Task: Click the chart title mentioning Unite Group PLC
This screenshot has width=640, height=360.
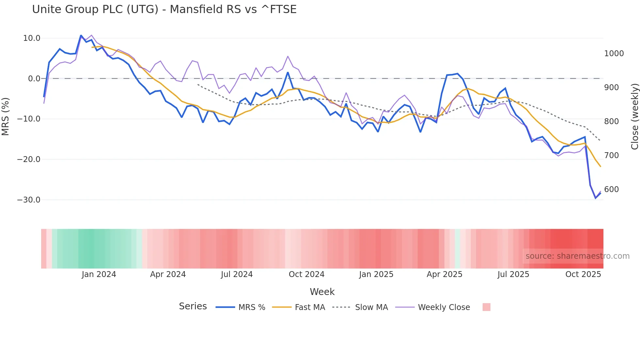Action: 164,9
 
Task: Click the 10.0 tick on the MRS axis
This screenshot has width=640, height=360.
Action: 32,38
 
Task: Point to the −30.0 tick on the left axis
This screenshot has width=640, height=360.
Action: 29,200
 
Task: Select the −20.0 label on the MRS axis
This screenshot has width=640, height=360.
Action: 29,159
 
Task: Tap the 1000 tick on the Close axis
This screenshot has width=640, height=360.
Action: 614,54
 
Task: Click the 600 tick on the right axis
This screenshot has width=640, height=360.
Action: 611,189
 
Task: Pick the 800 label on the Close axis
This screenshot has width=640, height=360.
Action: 611,122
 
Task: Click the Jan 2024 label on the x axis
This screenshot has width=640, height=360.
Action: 99,274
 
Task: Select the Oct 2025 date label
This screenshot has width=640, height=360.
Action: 583,274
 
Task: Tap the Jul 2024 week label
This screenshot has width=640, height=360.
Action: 237,274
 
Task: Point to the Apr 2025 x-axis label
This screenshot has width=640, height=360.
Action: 444,274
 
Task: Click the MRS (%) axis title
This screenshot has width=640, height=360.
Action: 5,117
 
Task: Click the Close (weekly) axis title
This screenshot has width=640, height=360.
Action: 634,117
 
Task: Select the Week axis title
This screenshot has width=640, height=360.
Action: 322,292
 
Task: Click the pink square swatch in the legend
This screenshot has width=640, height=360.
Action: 486,307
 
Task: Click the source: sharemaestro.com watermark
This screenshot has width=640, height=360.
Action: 577,256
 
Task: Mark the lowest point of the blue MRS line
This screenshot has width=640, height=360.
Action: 596,198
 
